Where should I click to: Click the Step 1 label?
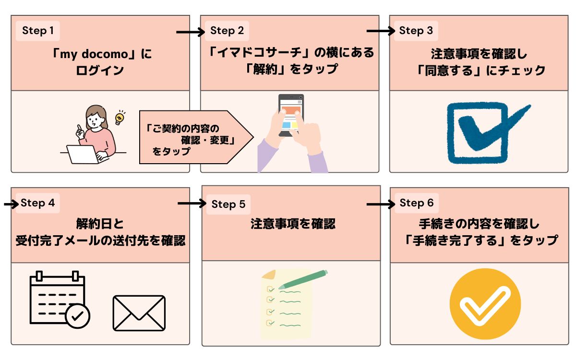coord(38,31)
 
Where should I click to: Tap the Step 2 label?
coord(227,31)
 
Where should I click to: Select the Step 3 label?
coord(416,31)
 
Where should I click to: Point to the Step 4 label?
coord(38,203)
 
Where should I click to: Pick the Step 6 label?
coord(416,203)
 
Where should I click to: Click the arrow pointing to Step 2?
coord(190,32)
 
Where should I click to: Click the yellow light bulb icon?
coord(120,117)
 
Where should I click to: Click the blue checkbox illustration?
coord(482,131)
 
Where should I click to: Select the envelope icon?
coord(139,312)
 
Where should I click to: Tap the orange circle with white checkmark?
coord(485,304)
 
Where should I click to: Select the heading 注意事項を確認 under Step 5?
coord(292,224)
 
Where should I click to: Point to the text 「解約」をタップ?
coord(290,69)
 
